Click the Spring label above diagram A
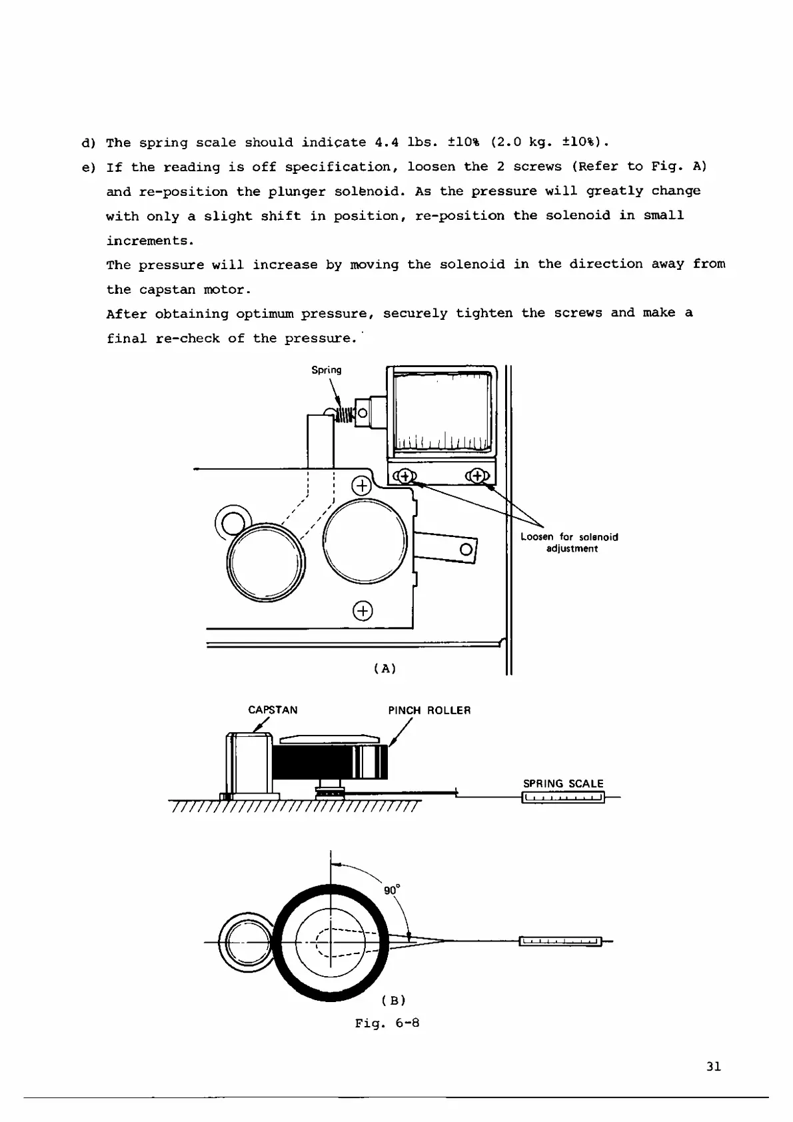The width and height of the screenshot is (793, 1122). click(x=327, y=370)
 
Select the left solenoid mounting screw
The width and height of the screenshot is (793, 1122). click(x=404, y=476)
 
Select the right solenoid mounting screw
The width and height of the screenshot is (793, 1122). click(x=477, y=476)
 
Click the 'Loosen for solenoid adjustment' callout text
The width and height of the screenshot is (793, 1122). click(x=569, y=543)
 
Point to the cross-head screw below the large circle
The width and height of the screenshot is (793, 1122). click(x=363, y=610)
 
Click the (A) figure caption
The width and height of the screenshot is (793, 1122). click(x=385, y=668)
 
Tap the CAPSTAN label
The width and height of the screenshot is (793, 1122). click(x=273, y=710)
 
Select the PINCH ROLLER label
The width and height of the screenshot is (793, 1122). click(x=429, y=710)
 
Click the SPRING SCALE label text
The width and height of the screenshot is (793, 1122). click(x=563, y=784)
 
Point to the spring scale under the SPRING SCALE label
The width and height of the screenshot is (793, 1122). click(x=563, y=798)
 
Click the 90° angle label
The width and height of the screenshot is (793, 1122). click(x=392, y=890)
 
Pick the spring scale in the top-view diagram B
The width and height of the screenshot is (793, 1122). click(x=560, y=941)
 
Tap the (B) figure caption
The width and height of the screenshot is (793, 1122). click(x=394, y=1000)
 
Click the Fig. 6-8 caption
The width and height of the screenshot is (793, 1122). click(x=387, y=1023)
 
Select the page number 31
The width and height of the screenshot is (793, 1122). click(x=713, y=1067)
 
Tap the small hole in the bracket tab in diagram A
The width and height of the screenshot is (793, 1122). click(x=466, y=550)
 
